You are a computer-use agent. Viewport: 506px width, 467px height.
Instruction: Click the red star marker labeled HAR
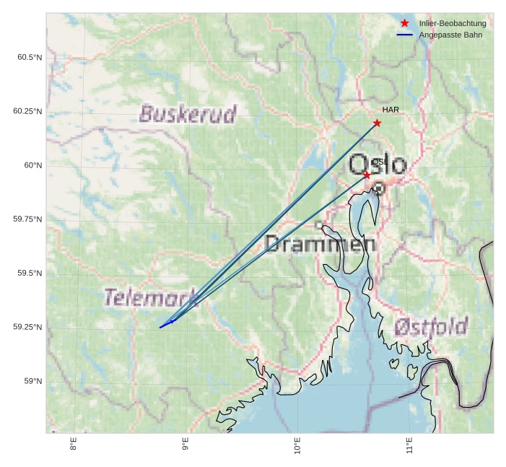coord(377,123)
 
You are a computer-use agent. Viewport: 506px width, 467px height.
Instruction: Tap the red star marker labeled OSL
coord(367,175)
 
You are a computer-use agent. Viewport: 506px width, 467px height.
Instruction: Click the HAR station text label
coord(391,110)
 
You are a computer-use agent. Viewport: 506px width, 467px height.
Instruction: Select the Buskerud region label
coord(188,114)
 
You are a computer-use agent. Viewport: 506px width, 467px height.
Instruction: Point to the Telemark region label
coord(151,297)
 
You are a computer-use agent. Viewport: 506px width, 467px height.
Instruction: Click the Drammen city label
coord(320,244)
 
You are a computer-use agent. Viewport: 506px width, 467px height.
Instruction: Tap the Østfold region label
coord(431,327)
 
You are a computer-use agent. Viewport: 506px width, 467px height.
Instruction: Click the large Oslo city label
coord(378,164)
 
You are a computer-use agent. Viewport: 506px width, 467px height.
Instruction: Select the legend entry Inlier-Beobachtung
coord(453,23)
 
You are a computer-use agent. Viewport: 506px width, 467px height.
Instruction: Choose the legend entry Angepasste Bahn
coord(450,35)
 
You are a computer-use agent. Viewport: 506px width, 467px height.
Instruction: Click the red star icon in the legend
coord(405,23)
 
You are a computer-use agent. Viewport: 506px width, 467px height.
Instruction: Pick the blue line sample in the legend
coord(405,35)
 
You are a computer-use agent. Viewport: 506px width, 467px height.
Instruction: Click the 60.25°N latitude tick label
coord(27,111)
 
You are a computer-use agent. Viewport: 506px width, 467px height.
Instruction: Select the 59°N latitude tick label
coord(32,381)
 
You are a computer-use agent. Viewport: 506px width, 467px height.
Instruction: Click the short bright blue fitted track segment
coord(167,325)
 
